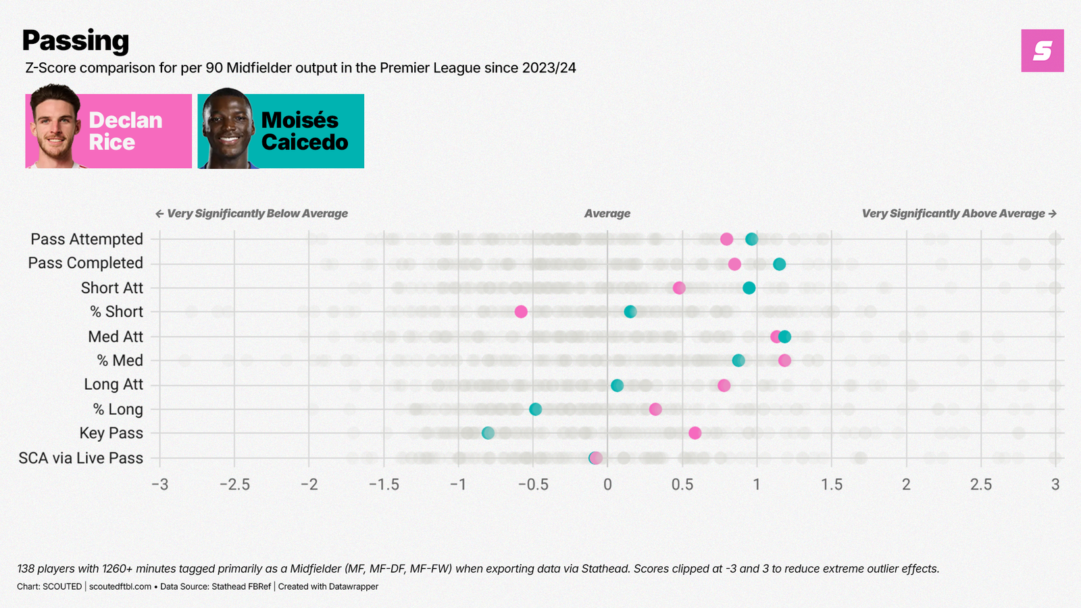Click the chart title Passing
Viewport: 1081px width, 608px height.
[75, 41]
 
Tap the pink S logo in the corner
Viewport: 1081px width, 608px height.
[1042, 51]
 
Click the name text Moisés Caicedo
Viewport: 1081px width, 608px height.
[304, 131]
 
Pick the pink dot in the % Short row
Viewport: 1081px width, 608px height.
[521, 311]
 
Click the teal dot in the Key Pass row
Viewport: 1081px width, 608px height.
[488, 433]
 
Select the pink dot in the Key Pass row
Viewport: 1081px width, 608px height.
[695, 433]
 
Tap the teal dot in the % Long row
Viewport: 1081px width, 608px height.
[535, 409]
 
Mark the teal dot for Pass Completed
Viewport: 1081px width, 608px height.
[779, 263]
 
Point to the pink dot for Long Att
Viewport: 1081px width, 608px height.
[724, 385]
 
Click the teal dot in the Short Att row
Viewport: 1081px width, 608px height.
[749, 288]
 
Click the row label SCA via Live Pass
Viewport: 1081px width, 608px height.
[81, 458]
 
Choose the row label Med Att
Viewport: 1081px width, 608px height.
[116, 336]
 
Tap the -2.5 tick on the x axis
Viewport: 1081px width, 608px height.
[234, 484]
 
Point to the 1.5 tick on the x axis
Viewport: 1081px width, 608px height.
[832, 484]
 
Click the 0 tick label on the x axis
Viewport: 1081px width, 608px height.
[607, 484]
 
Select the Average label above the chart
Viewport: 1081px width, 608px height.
[607, 213]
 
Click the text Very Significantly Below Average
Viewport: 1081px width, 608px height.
[257, 213]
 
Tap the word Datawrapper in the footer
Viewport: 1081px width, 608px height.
[353, 586]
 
